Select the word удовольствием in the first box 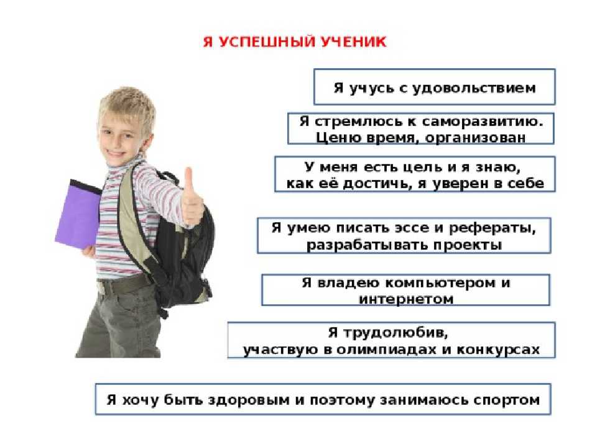[x=474, y=88]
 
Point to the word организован [x=475, y=138]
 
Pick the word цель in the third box [x=423, y=167]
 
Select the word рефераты [x=493, y=228]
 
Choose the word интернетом [x=406, y=299]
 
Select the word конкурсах [x=498, y=350]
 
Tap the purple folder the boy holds [x=78, y=214]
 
